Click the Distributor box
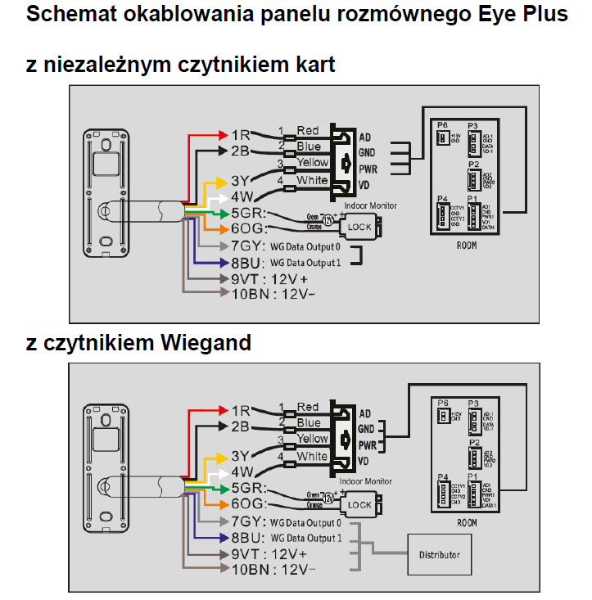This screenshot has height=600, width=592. click(x=440, y=554)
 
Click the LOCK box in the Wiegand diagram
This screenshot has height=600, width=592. click(x=359, y=505)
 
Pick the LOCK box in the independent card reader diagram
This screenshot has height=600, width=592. click(x=359, y=227)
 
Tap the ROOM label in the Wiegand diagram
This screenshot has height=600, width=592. click(x=467, y=521)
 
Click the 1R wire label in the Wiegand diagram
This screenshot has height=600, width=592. click(x=241, y=409)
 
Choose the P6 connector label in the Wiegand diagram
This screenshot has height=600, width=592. click(x=443, y=403)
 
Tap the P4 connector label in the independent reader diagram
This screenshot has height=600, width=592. click(x=443, y=199)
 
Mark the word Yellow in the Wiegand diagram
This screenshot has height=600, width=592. click(x=312, y=439)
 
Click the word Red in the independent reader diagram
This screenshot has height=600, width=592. click(x=308, y=130)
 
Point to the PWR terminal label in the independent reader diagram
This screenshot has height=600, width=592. click(x=366, y=169)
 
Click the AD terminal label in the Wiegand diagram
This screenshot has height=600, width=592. click(x=365, y=412)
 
